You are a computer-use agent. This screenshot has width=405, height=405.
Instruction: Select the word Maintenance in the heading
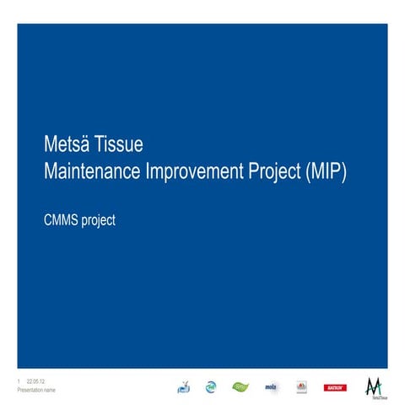tap(94, 170)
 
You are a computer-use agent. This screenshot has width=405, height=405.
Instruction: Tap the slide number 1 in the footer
tap(19, 382)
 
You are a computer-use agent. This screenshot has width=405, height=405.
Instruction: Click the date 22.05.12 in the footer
tap(36, 382)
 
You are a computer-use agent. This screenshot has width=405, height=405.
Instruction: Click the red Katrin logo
tap(334, 387)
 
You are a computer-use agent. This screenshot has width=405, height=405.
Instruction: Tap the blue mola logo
tap(272, 387)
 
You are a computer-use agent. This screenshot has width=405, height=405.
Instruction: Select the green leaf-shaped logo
tap(241, 386)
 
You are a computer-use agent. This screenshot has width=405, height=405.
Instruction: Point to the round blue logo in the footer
tap(210, 387)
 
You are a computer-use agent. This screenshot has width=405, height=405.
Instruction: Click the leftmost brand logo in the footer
tap(184, 387)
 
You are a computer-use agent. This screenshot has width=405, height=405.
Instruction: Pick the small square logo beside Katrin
tap(302, 387)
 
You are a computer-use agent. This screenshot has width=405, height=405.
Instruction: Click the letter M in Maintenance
tap(49, 170)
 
